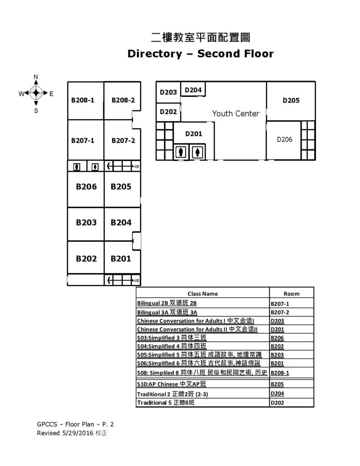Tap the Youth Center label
[x=235, y=113]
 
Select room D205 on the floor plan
[x=290, y=101]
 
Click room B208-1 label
[x=82, y=100]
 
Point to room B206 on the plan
[x=86, y=186]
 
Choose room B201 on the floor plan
[x=121, y=258]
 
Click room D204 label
[x=193, y=90]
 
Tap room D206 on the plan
[x=284, y=139]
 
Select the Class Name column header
[x=203, y=294]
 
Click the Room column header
[x=291, y=294]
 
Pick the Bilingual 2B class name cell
[x=167, y=303]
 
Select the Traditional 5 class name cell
[x=168, y=403]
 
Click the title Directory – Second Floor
[x=200, y=54]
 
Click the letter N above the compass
[x=36, y=76]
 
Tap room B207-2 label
[x=123, y=140]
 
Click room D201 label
[x=193, y=134]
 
